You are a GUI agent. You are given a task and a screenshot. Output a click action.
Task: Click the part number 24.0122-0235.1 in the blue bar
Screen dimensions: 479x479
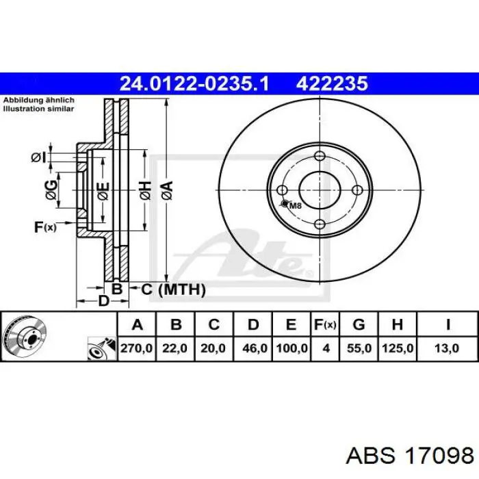tap(194, 83)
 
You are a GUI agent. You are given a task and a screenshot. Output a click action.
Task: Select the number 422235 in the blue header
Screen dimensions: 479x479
tap(332, 83)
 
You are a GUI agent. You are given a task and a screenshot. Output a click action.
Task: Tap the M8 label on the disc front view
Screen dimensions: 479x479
tap(295, 205)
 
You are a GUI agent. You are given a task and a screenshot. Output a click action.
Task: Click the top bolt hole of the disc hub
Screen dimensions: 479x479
tap(320, 156)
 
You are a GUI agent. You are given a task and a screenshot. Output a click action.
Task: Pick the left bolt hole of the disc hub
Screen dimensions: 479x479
tap(282, 190)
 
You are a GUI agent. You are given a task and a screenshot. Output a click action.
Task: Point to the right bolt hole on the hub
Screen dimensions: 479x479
tap(357, 190)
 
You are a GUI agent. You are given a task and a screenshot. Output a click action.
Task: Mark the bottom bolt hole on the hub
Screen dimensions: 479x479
tap(320, 224)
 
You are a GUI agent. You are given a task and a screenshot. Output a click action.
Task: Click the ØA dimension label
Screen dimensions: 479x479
tap(168, 191)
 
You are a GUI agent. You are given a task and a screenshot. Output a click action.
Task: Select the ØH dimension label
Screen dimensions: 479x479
tap(145, 191)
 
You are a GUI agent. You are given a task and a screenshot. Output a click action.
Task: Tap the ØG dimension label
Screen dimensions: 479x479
tap(51, 190)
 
